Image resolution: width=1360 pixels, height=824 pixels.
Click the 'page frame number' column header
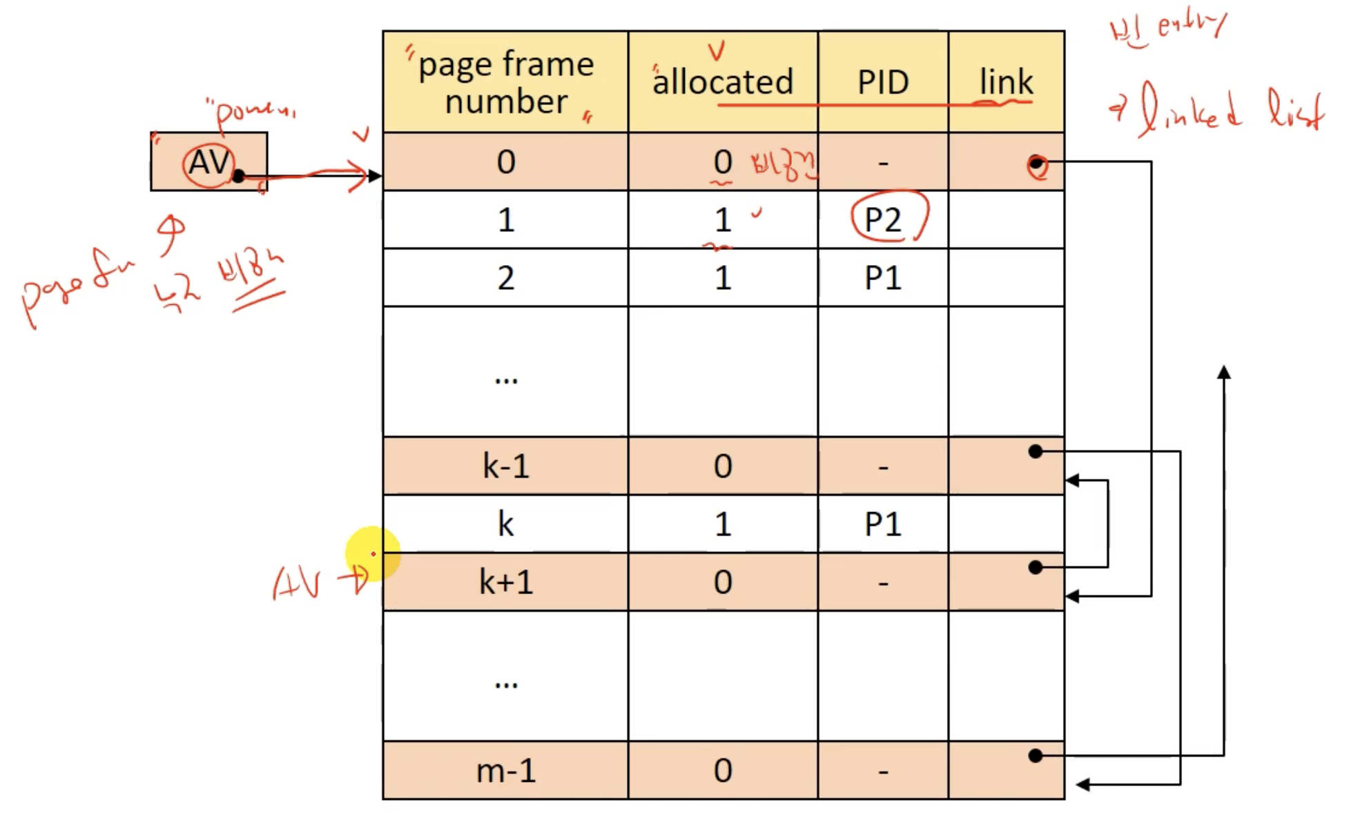(x=505, y=82)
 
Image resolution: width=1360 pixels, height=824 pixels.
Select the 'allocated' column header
(x=723, y=82)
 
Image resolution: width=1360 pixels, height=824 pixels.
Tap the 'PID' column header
(x=883, y=82)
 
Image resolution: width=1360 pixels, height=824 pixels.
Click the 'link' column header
(x=1006, y=82)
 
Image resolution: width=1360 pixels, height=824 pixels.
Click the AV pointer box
(x=208, y=162)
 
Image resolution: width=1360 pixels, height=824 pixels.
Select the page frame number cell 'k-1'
(x=505, y=466)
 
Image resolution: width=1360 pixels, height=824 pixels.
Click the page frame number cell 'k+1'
(x=505, y=582)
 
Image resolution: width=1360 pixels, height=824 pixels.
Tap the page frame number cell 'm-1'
(x=505, y=770)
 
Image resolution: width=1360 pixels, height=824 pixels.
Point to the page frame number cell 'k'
(x=505, y=524)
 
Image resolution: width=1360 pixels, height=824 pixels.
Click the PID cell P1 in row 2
(x=883, y=277)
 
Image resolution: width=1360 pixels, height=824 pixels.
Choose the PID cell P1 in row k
(x=883, y=524)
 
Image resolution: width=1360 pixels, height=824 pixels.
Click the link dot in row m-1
(x=1035, y=756)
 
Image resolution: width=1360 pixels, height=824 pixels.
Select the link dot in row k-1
(x=1035, y=451)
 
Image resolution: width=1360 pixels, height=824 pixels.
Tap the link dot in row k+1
(x=1035, y=567)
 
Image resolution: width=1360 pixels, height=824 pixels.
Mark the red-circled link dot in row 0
(x=1036, y=164)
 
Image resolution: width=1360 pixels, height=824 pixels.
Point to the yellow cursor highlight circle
(x=373, y=553)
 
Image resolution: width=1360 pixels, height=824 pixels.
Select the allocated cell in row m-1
(x=723, y=770)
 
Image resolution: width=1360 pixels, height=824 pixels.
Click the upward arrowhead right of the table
(x=1224, y=373)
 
